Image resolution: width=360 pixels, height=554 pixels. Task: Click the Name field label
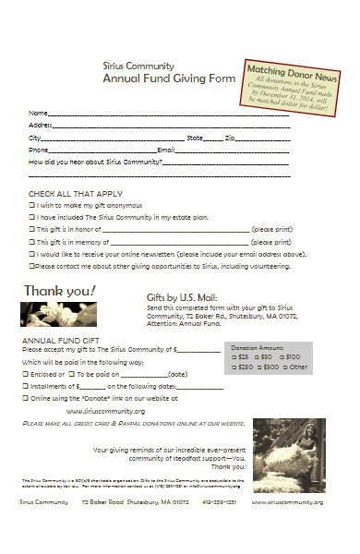click(x=38, y=113)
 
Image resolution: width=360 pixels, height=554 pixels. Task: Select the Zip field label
click(x=230, y=137)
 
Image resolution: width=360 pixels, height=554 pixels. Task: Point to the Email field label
click(x=166, y=150)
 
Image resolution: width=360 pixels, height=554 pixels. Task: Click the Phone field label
click(x=39, y=150)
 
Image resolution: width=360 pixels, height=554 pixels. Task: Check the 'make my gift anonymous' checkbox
click(x=31, y=204)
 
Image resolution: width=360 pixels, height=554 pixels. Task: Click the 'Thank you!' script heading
click(x=59, y=291)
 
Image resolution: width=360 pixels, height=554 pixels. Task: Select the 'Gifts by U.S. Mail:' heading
click(x=182, y=297)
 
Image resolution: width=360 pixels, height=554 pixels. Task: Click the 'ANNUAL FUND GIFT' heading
click(x=54, y=341)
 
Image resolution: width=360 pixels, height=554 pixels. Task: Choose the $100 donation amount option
click(x=282, y=356)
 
